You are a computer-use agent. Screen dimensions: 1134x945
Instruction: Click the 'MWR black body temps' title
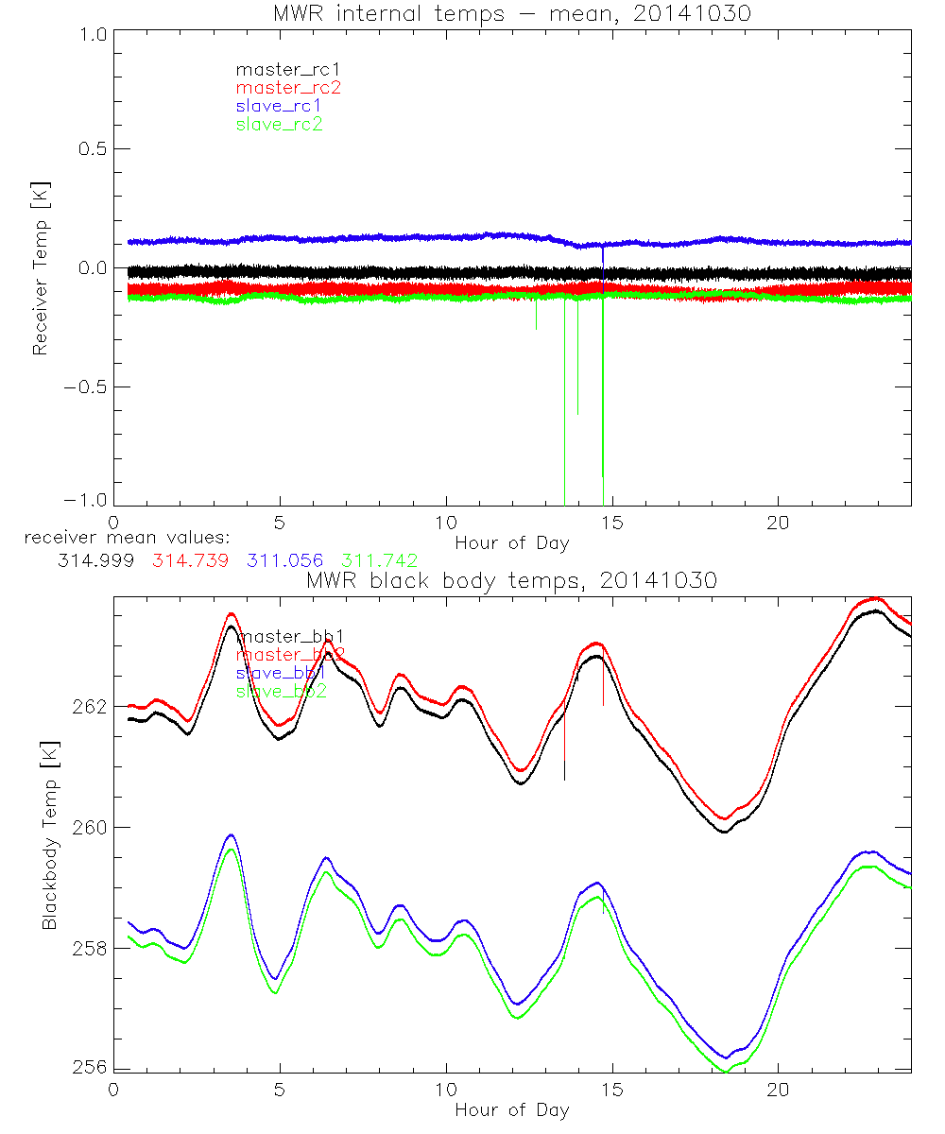[x=511, y=580]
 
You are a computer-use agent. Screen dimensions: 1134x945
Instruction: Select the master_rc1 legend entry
[x=279, y=69]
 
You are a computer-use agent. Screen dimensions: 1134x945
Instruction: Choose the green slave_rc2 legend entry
[x=279, y=124]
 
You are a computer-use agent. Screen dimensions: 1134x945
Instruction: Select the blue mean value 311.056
[x=283, y=560]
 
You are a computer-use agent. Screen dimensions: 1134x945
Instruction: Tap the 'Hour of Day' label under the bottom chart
[x=511, y=1109]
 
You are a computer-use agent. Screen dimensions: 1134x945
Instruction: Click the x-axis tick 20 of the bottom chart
[x=778, y=1089]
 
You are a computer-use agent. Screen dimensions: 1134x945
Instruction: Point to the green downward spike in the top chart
[x=603, y=425]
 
